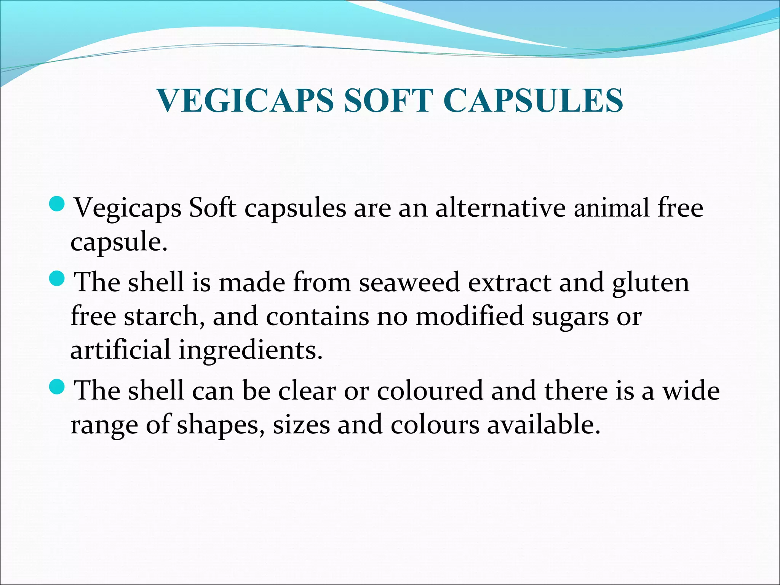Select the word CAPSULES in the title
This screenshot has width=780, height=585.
point(533,101)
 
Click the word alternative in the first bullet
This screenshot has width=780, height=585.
point(500,208)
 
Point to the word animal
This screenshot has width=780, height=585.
point(612,208)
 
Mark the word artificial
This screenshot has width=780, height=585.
point(120,350)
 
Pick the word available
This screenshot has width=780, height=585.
point(543,425)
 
